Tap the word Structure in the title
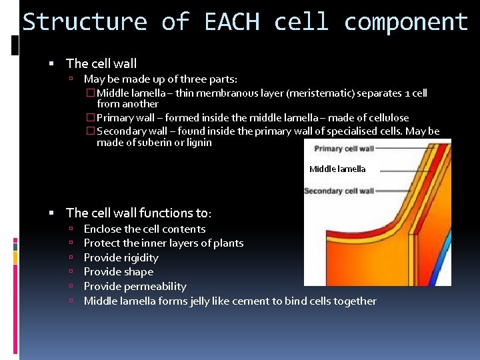point(85,22)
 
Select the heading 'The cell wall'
point(101,64)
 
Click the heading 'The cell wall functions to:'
point(139,213)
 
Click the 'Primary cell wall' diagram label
point(343,149)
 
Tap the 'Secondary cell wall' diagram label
point(339,191)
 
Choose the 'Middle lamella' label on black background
point(337,169)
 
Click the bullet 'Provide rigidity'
point(121,258)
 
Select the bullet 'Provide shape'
point(118,272)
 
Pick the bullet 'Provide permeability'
point(135,287)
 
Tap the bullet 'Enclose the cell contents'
point(145,229)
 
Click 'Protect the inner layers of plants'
point(163,243)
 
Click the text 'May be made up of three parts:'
point(160,79)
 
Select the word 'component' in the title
point(405,22)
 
